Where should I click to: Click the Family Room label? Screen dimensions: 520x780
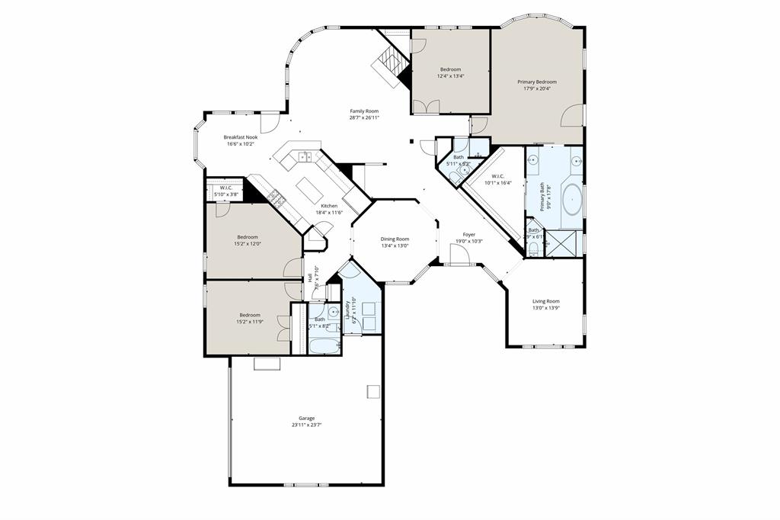(364, 111)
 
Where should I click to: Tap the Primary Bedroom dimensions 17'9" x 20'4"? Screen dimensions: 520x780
(537, 88)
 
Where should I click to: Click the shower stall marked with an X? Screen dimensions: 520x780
(563, 245)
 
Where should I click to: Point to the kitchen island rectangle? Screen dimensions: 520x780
(309, 187)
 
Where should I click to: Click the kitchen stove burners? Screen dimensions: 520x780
(276, 201)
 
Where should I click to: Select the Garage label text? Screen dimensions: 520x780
(306, 418)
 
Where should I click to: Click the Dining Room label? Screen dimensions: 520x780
(395, 239)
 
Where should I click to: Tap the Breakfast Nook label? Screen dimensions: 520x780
(240, 137)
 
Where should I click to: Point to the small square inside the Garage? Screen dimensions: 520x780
(372, 391)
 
